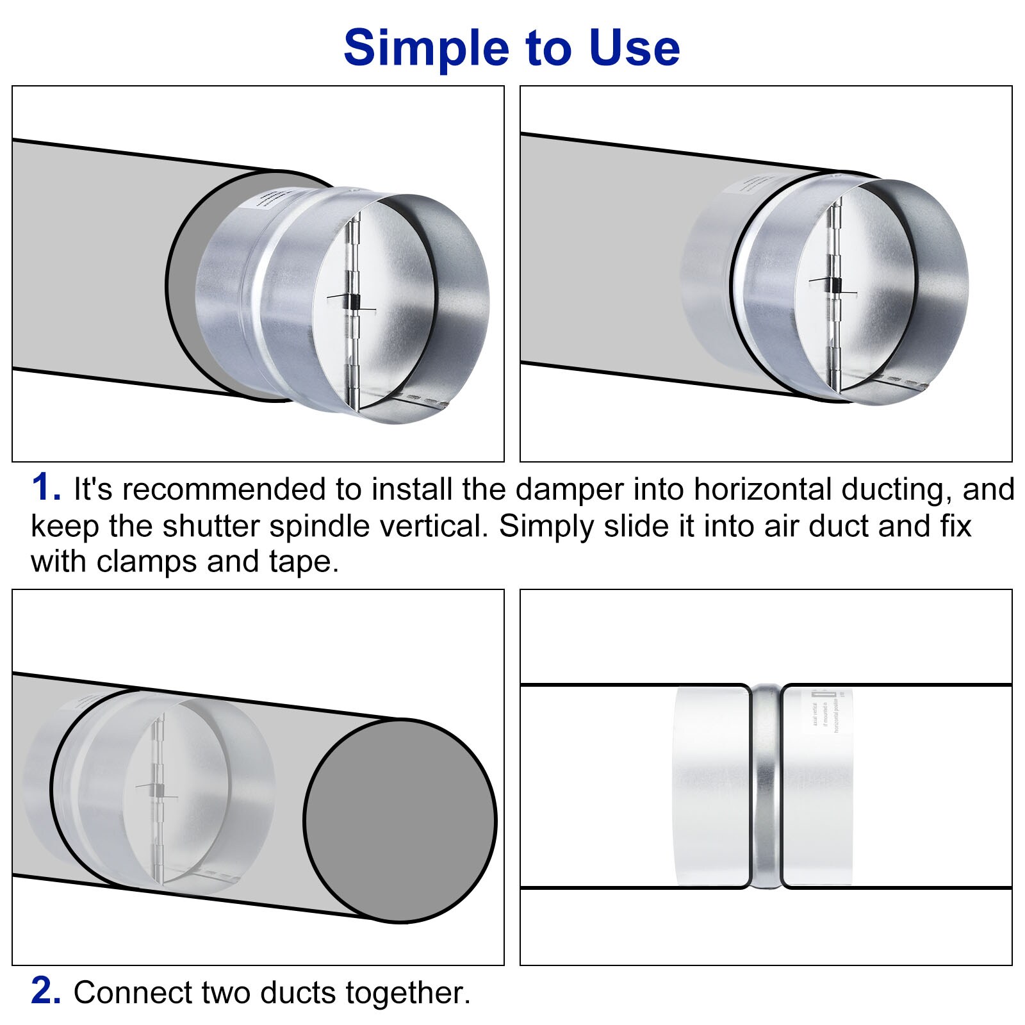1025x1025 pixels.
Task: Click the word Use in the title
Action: pyautogui.click(x=634, y=49)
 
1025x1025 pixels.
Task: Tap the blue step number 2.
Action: pyautogui.click(x=45, y=991)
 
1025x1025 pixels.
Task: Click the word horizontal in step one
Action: pyautogui.click(x=762, y=490)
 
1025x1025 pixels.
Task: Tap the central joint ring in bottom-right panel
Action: pyautogui.click(x=766, y=787)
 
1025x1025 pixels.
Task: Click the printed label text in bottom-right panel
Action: pyautogui.click(x=826, y=711)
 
